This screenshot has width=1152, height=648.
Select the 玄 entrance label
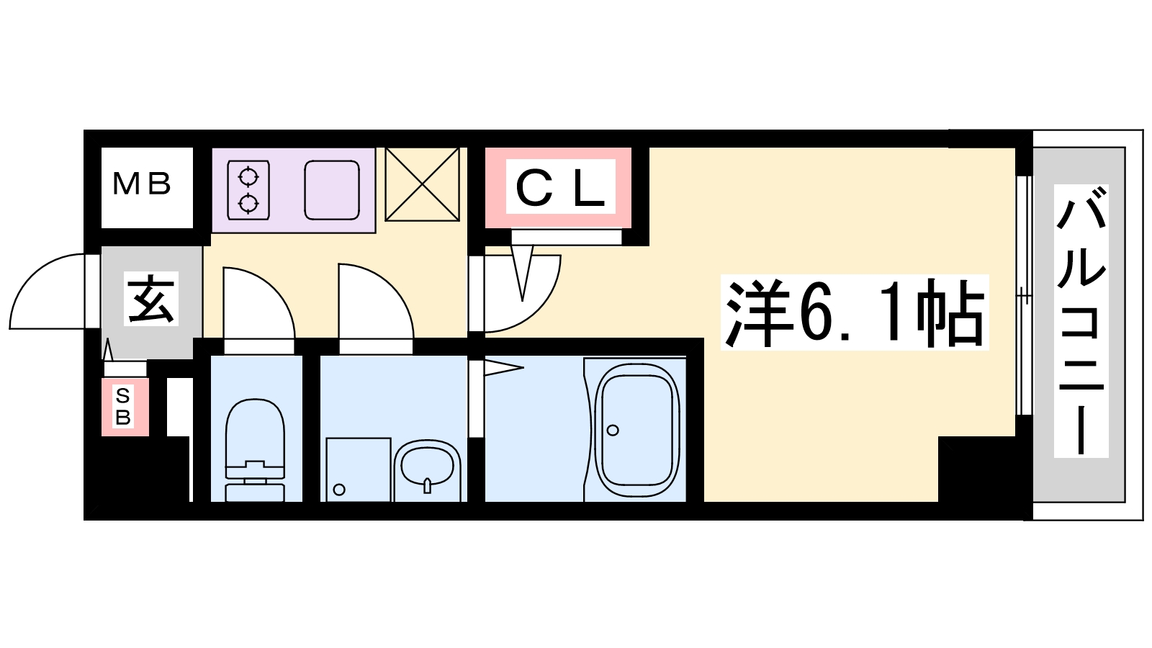click(150, 299)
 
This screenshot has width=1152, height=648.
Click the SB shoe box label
click(123, 407)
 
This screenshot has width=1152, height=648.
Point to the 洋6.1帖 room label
click(854, 312)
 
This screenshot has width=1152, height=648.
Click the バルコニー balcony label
click(1081, 320)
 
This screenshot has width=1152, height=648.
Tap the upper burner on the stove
click(248, 176)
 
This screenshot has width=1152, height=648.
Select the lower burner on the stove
click(248, 204)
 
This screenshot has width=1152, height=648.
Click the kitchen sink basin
click(332, 190)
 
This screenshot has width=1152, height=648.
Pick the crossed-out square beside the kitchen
click(422, 184)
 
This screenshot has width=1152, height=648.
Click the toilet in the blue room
click(255, 450)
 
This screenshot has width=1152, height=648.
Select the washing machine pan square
click(359, 469)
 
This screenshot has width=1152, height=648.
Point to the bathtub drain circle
click(613, 430)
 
